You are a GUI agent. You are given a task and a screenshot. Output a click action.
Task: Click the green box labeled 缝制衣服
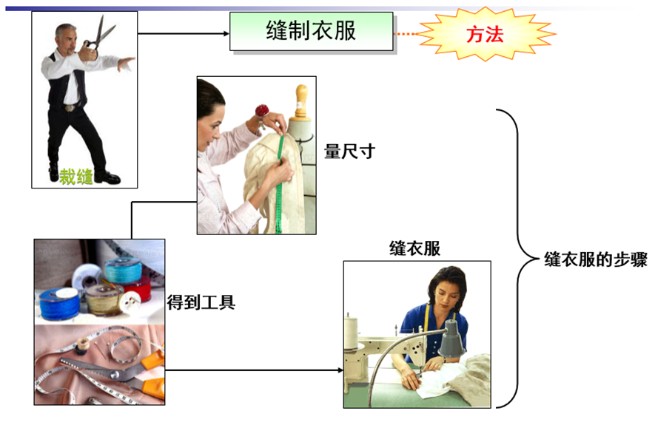pyautogui.click(x=311, y=31)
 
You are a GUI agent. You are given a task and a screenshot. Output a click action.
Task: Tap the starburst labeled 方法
pyautogui.click(x=486, y=34)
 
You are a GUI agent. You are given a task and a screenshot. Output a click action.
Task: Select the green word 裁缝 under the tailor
pyautogui.click(x=76, y=177)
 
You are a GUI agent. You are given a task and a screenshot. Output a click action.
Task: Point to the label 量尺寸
pyautogui.click(x=349, y=152)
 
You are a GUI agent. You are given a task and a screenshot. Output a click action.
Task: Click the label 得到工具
pyautogui.click(x=201, y=301)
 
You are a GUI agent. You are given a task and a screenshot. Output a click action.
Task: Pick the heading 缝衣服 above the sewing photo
pyautogui.click(x=414, y=248)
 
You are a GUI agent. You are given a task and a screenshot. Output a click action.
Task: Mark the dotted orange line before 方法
pyautogui.click(x=406, y=34)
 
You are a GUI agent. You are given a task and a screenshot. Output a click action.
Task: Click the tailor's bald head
pyautogui.click(x=66, y=30)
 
